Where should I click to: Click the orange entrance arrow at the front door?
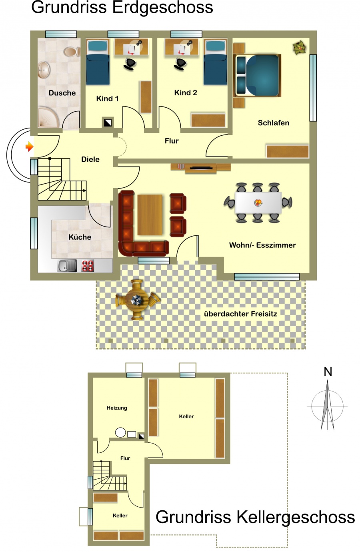tap(29, 147)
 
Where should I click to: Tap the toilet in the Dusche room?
tap(72, 52)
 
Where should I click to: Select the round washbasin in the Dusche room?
tap(44, 70)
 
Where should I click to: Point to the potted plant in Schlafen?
tap(300, 48)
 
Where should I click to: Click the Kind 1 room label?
tap(107, 99)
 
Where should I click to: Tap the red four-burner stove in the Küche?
tap(88, 266)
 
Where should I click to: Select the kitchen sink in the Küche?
tap(67, 266)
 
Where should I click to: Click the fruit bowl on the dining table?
tap(258, 203)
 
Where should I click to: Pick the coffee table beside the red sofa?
tap(150, 215)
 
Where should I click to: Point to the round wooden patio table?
tap(138, 300)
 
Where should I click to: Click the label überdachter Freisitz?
tap(240, 314)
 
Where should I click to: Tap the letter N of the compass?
tap(328, 371)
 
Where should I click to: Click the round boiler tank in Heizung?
tap(120, 432)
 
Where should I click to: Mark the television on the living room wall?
tap(201, 168)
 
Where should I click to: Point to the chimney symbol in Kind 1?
tap(108, 122)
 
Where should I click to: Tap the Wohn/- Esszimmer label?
tap(262, 245)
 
